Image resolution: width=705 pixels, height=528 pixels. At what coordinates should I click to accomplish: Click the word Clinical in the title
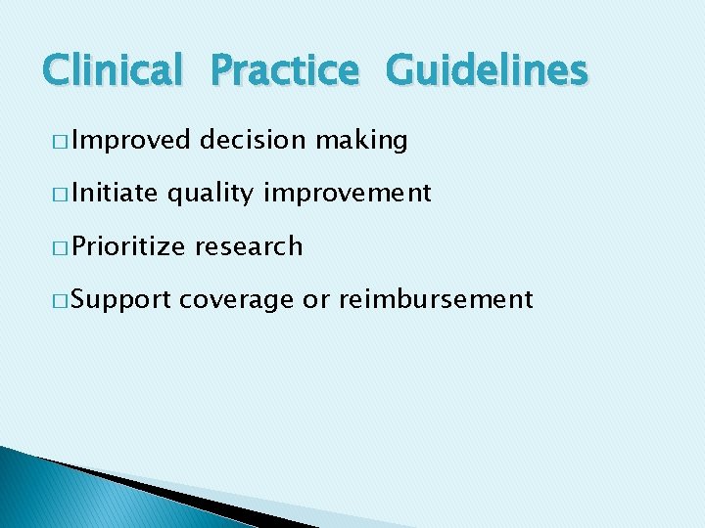113,70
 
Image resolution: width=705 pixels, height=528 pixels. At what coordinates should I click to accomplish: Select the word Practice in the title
285,70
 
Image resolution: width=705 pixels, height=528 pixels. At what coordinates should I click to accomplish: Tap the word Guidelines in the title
487,70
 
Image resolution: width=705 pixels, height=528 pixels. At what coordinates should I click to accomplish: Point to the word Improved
131,141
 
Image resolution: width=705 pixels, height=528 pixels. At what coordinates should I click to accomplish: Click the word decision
252,141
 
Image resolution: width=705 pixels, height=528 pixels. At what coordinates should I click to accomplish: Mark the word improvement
347,194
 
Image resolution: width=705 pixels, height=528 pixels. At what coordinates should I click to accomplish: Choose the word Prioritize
128,246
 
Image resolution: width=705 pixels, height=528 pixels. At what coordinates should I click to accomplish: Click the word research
249,246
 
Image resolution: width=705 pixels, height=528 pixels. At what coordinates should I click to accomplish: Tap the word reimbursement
436,299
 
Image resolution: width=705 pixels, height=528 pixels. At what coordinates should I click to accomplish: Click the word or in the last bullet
315,300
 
